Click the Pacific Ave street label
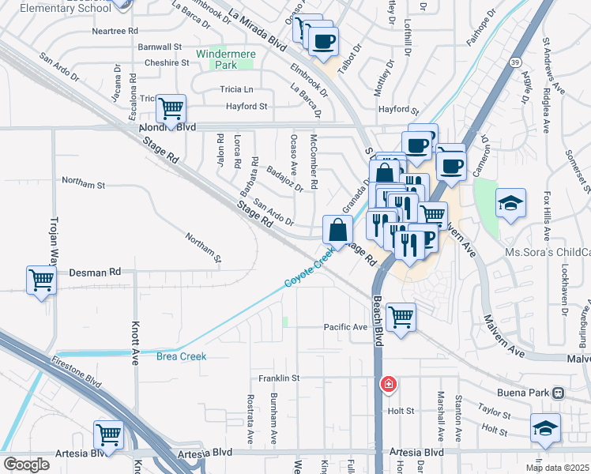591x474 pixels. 345,327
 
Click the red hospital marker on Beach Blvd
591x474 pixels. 388,385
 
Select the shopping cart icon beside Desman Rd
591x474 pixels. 41,280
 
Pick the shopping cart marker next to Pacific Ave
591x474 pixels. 401,318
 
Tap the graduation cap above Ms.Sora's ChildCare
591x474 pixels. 510,203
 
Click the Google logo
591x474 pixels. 26,464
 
